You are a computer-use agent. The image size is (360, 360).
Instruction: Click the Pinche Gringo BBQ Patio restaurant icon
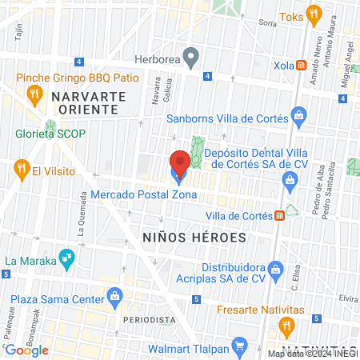pyautogui.click(x=34, y=94)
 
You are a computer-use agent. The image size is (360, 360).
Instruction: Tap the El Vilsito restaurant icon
pyautogui.click(x=22, y=170)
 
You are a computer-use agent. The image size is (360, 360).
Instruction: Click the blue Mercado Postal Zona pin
pyautogui.click(x=179, y=166)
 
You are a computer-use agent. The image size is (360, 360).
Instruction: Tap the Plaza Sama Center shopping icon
pyautogui.click(x=115, y=297)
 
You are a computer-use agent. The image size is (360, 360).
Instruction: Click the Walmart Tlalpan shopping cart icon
pyautogui.click(x=238, y=346)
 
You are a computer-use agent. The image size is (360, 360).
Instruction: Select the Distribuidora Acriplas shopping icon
pyautogui.click(x=276, y=267)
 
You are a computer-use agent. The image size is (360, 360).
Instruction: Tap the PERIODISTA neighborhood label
pyautogui.click(x=149, y=319)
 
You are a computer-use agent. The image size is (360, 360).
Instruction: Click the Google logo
pyautogui.click(x=26, y=350)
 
